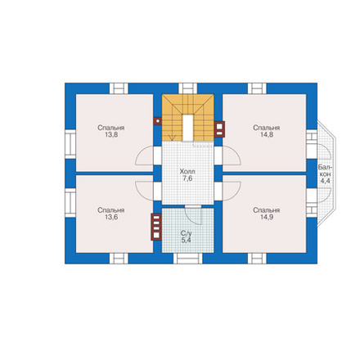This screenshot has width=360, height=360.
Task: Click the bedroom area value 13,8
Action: (111, 135)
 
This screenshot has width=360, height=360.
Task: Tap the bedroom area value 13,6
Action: (111, 217)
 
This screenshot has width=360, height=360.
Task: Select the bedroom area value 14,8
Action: (267, 135)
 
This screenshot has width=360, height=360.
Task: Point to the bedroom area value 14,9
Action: (267, 217)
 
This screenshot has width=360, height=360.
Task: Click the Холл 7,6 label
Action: (187, 175)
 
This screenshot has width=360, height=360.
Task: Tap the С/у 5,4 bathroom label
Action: (187, 236)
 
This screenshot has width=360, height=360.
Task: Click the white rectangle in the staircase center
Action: (188, 128)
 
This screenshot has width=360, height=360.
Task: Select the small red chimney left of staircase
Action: (157, 121)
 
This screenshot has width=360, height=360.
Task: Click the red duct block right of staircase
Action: (219, 129)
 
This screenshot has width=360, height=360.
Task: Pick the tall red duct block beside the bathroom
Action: (156, 227)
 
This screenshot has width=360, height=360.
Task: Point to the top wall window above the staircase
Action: (187, 88)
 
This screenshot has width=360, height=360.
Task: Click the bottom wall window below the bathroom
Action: (188, 259)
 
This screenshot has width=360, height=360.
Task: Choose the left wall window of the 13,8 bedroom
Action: (70, 144)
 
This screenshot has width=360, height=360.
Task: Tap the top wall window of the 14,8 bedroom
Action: (257, 88)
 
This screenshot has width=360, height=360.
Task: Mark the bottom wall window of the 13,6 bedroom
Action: (119, 259)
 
